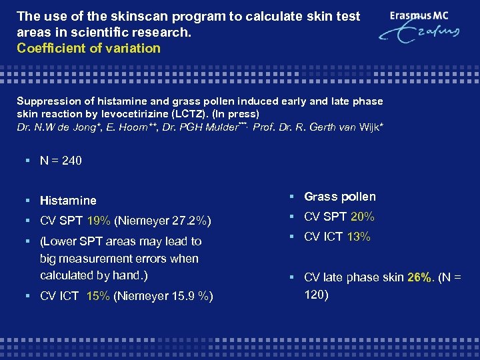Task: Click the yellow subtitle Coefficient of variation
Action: (89, 48)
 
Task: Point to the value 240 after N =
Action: (71, 160)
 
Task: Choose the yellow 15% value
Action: (99, 296)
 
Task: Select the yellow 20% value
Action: (362, 217)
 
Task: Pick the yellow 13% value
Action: (359, 237)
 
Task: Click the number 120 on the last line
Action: (316, 294)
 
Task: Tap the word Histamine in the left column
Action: (68, 200)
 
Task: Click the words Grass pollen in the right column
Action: (340, 197)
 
